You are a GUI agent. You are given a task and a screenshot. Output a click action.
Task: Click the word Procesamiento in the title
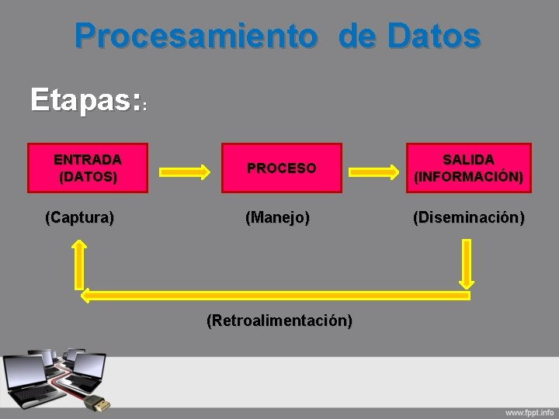[196, 36]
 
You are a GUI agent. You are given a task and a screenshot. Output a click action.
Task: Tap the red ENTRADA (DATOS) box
[87, 168]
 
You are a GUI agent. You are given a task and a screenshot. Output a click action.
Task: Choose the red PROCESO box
[282, 168]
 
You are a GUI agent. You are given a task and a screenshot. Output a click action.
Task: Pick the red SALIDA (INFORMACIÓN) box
[468, 168]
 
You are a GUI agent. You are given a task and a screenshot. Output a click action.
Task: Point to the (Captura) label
[80, 217]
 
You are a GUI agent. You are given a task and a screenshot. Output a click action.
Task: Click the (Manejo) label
[277, 217]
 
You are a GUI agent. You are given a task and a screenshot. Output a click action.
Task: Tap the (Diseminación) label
[468, 217]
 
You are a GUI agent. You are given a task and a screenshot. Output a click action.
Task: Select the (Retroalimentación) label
[279, 320]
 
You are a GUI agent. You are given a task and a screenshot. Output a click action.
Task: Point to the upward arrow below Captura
[79, 264]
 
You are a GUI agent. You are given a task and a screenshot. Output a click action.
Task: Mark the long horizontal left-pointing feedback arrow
[276, 295]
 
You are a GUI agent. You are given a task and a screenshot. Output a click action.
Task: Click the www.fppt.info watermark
[529, 411]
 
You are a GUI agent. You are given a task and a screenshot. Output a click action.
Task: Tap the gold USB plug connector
[98, 403]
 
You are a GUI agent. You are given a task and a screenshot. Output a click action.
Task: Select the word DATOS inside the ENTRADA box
[88, 177]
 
